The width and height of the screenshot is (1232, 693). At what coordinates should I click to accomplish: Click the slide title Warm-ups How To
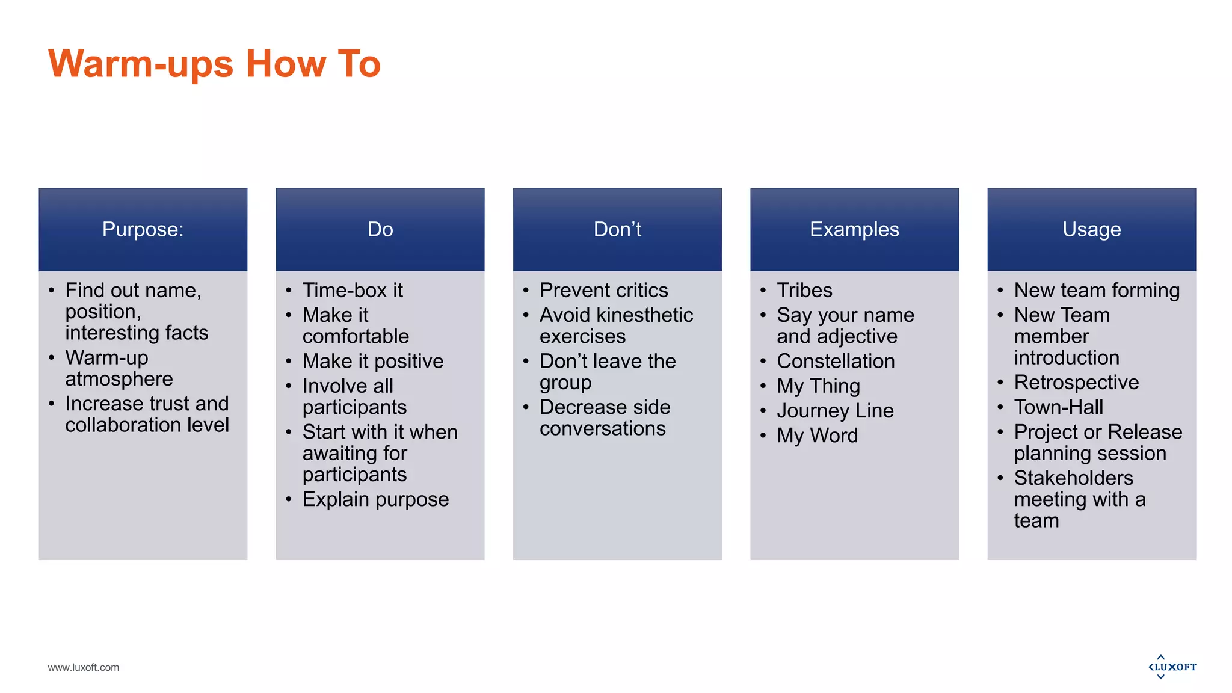click(214, 64)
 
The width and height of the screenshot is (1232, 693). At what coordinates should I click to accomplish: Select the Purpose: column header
click(143, 229)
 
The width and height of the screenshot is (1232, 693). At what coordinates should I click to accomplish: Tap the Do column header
click(380, 229)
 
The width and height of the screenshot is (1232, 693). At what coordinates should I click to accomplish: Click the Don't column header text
click(617, 229)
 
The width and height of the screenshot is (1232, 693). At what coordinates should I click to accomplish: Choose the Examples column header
click(854, 229)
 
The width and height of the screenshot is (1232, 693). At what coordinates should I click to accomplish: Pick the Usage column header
click(1091, 229)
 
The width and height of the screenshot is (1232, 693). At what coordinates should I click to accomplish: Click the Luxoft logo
click(1172, 667)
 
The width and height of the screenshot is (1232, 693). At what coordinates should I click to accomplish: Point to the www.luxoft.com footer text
click(84, 667)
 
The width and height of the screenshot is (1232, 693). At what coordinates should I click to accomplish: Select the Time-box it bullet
click(353, 290)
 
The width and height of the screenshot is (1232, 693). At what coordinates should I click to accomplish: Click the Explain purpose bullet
click(375, 499)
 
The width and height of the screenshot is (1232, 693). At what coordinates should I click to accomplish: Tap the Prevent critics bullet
click(603, 290)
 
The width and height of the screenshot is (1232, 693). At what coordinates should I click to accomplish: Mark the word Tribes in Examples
click(804, 290)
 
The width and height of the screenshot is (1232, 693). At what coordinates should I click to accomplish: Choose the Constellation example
click(836, 361)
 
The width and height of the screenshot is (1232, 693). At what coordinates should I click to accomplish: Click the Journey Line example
click(835, 410)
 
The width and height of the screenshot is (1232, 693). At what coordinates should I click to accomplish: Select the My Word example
click(817, 435)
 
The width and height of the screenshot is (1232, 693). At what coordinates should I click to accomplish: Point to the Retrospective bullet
click(1076, 382)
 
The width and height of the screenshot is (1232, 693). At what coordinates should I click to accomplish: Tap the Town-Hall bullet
click(1058, 407)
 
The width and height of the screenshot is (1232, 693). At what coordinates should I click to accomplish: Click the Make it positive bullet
click(373, 361)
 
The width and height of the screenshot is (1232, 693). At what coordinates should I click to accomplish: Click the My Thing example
click(818, 386)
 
